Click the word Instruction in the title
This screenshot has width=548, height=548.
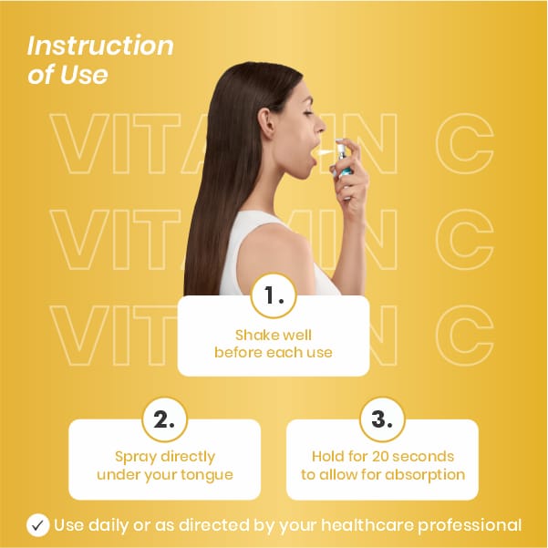pyautogui.click(x=100, y=46)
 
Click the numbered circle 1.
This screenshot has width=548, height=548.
pyautogui.click(x=274, y=295)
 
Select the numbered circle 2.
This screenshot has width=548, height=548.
pyautogui.click(x=165, y=419)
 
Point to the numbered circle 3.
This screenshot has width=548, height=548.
pyautogui.click(x=382, y=419)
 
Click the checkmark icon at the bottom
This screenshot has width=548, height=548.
pyautogui.click(x=37, y=525)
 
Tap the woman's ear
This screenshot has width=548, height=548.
pyautogui.click(x=265, y=123)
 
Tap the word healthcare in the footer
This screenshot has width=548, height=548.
pyautogui.click(x=367, y=525)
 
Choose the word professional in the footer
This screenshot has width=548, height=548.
pyautogui.click(x=470, y=526)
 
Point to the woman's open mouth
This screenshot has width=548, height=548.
pyautogui.click(x=312, y=154)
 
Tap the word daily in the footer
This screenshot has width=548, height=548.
pyautogui.click(x=109, y=525)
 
